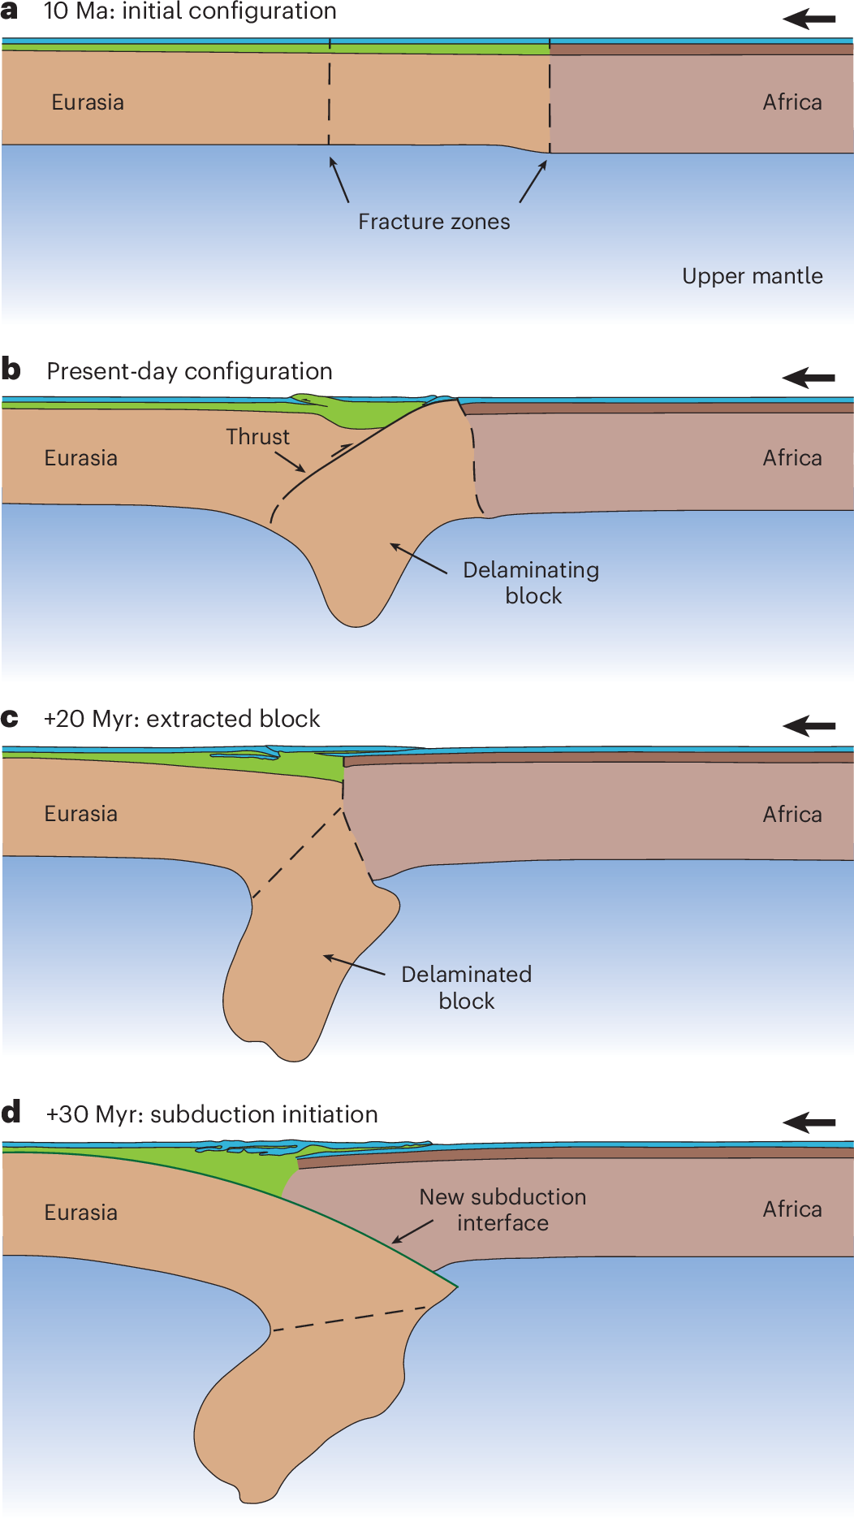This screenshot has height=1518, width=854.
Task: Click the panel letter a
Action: [x=10, y=11]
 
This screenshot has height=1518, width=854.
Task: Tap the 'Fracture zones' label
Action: [x=434, y=222]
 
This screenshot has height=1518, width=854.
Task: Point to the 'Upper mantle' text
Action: [x=752, y=276]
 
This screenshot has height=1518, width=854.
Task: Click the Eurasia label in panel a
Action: [x=88, y=102]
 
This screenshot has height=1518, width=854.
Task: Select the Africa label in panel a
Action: [x=791, y=102]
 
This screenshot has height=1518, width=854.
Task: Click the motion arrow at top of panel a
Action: [x=809, y=19]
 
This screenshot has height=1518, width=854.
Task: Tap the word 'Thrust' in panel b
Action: [x=257, y=437]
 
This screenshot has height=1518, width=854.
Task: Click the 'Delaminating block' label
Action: [x=531, y=582]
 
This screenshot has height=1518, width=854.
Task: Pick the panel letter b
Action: [x=11, y=370]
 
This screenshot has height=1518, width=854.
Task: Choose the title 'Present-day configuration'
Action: [x=189, y=371]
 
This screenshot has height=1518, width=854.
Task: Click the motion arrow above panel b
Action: [x=809, y=378]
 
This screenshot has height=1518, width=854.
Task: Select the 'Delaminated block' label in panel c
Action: [x=466, y=987]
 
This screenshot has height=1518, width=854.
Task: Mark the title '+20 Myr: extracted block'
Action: [x=182, y=719]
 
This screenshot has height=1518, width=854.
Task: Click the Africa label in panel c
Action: [x=791, y=814]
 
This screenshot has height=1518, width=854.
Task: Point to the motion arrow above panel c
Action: [x=809, y=725]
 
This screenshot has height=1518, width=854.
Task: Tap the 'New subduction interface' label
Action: [x=502, y=1209]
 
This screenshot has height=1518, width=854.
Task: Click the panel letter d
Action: [x=11, y=1112]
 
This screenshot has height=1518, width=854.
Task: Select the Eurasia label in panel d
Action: [x=80, y=1212]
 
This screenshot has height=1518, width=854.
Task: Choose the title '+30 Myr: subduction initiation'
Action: [x=212, y=1114]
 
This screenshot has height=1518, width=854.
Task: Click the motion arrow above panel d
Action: [x=809, y=1122]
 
